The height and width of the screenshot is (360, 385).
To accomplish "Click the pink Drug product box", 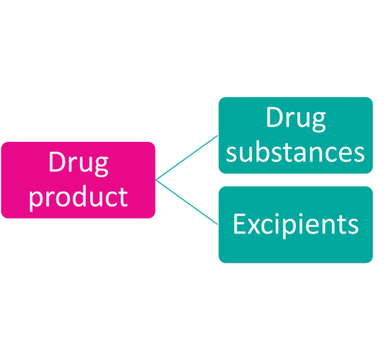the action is coord(78,180).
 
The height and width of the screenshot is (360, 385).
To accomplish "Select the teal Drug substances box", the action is coord(296,135).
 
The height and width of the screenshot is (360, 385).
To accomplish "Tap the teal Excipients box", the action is coord(296,224).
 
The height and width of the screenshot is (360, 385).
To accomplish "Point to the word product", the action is coord(79,198).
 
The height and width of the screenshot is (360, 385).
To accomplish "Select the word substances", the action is coord(295,153).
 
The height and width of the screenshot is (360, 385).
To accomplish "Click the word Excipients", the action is coord(296,225).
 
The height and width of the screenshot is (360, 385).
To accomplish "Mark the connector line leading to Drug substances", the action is coord(187,157).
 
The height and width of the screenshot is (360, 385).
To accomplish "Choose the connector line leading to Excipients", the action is coord(187,202).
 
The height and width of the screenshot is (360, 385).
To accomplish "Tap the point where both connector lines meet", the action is coord(156,180).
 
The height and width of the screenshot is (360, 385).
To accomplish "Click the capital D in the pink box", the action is coord(57,162).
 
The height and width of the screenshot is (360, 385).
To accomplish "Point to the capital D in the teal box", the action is coord(274,117).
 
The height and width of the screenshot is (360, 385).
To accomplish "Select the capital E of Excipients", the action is coord(239,224).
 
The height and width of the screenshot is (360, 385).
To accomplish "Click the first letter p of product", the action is coord(36,202).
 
